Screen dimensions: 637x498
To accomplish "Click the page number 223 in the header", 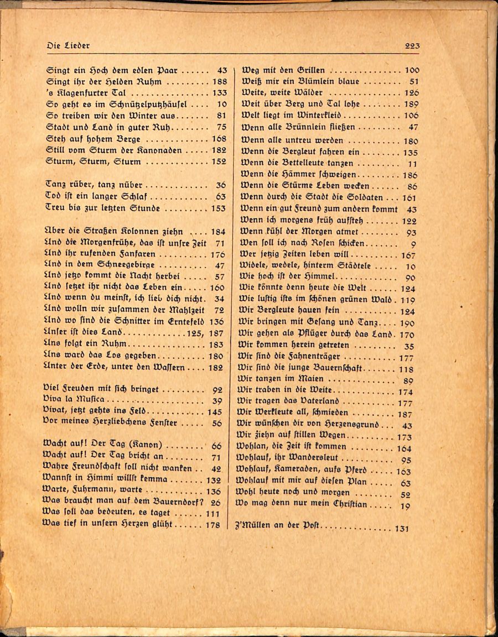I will pyautogui.click(x=412, y=46).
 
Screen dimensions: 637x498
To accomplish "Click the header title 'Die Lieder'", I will pyautogui.click(x=69, y=45).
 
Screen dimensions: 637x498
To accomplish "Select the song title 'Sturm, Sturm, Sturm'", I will pyautogui.click(x=94, y=162).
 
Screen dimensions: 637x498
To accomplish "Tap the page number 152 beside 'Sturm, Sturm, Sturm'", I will pyautogui.click(x=219, y=162).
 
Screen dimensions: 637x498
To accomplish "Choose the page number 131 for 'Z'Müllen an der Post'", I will pyautogui.click(x=402, y=529).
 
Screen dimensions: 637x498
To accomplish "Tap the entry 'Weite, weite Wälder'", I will pyautogui.click(x=282, y=93).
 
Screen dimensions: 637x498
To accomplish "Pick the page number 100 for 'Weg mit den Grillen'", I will pyautogui.click(x=412, y=70).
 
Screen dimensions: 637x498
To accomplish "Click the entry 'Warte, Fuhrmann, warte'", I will pyautogui.click(x=92, y=490).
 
